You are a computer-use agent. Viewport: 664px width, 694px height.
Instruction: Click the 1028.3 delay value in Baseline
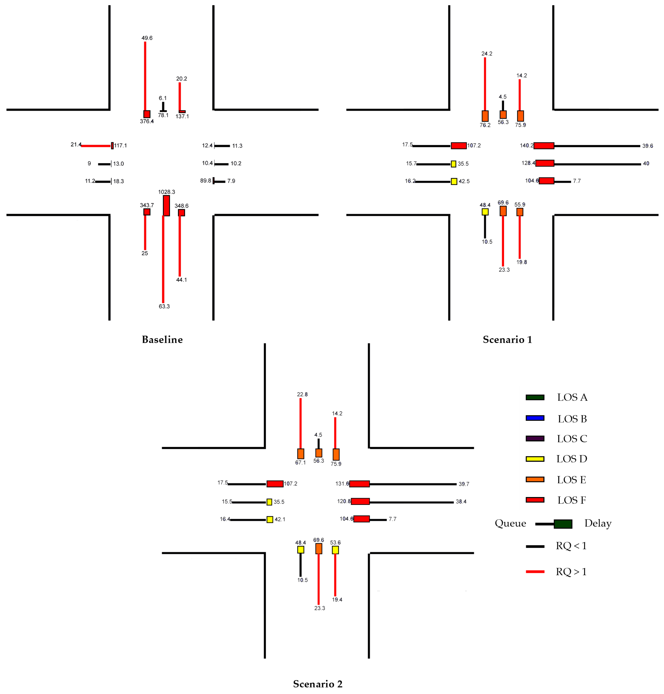(x=166, y=192)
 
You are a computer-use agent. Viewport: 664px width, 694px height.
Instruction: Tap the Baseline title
(x=162, y=340)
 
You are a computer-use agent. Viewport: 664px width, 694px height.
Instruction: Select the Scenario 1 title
(x=507, y=340)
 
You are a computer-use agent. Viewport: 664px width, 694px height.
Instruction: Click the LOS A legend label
(x=572, y=397)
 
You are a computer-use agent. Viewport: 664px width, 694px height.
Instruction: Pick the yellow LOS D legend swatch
(x=535, y=459)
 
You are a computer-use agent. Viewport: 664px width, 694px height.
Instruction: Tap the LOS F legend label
(x=572, y=500)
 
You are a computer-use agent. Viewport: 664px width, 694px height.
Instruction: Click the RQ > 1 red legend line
(x=535, y=571)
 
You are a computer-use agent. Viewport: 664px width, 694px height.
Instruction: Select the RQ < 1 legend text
(x=571, y=546)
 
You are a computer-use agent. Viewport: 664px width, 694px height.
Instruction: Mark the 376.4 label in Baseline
(x=146, y=122)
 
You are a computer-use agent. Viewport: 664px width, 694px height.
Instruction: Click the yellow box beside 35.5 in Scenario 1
(x=453, y=164)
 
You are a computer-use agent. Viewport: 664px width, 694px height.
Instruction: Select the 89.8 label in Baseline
(x=206, y=181)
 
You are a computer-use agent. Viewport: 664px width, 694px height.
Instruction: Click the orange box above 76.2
(x=485, y=116)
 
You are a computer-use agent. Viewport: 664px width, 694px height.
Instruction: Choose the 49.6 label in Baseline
(x=147, y=38)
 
